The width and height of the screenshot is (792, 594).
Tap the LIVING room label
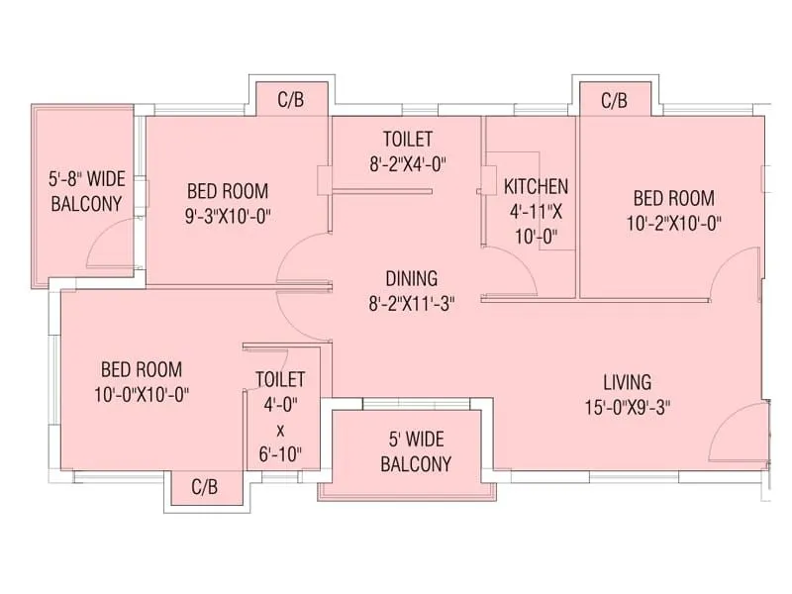tap(628, 381)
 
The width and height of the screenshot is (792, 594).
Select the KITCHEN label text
tap(536, 186)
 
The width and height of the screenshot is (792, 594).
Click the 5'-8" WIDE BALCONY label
tap(85, 192)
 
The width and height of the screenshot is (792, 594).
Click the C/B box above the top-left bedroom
tap(291, 99)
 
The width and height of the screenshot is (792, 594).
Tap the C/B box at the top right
tap(615, 100)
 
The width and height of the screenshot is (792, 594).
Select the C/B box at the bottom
tap(204, 487)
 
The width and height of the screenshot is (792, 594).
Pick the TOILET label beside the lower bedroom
tap(280, 379)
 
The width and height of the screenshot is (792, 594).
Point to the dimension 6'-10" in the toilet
tap(280, 454)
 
